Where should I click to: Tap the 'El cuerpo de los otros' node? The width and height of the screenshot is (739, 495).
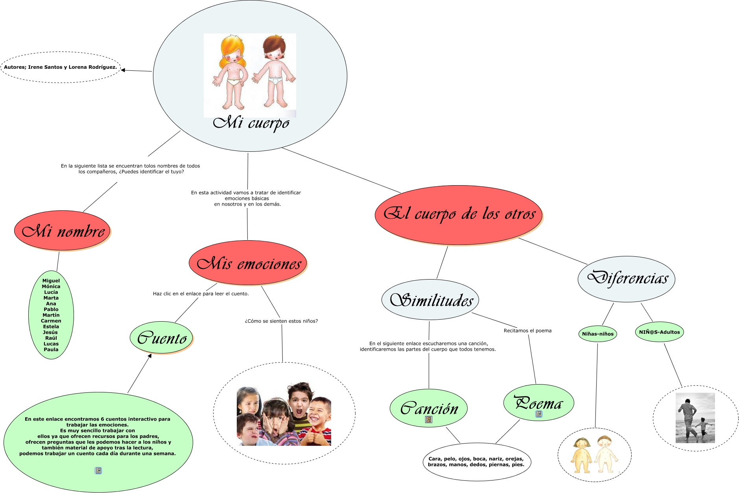[459, 215]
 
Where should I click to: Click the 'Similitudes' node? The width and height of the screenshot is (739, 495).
[430, 300]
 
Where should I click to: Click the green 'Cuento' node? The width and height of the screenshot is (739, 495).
[161, 338]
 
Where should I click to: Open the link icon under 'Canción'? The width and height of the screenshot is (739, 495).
[429, 420]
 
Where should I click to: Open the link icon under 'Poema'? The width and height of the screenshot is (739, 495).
[539, 414]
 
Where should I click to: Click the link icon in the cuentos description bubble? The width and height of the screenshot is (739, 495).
[98, 471]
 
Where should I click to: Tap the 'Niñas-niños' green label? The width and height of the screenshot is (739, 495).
[597, 334]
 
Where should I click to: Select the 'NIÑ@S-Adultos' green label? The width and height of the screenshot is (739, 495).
[659, 332]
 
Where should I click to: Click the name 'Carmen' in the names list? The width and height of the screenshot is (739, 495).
[51, 321]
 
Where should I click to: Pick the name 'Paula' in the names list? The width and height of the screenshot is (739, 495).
[51, 350]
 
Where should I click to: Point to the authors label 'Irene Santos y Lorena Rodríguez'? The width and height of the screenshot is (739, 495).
[61, 67]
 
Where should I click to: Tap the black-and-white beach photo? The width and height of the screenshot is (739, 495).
[695, 418]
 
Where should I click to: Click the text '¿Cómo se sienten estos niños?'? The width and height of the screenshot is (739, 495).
[281, 321]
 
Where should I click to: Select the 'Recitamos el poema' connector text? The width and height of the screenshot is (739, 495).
[527, 331]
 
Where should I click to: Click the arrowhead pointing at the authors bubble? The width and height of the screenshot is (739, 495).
[123, 70]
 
